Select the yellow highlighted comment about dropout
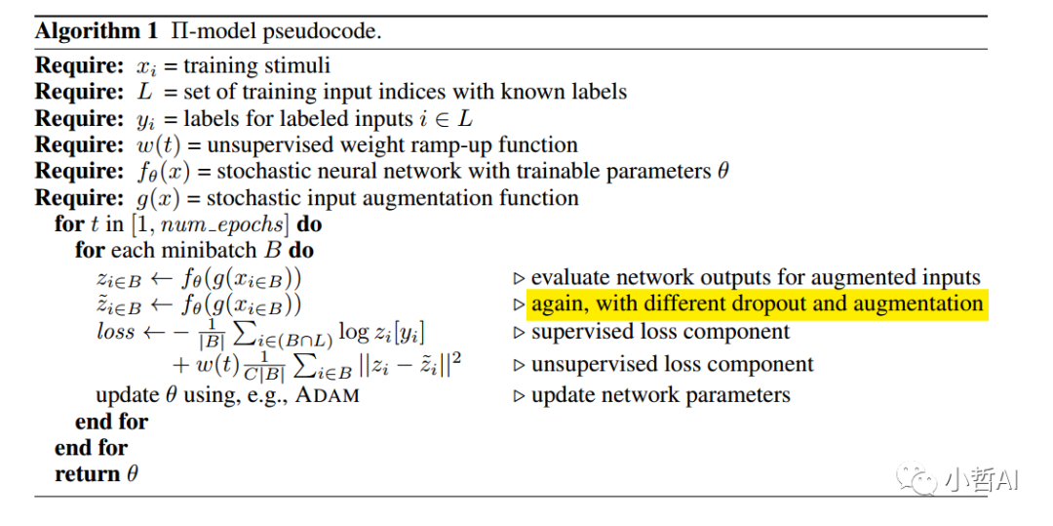tap(757, 303)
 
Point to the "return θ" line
tap(96, 474)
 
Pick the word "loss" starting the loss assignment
tap(115, 332)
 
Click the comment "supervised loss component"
tap(660, 332)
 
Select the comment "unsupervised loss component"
tap(672, 365)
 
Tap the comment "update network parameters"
tap(660, 395)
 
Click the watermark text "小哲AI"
tap(980, 478)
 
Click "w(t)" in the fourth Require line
tap(159, 145)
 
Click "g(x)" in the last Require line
tap(155, 198)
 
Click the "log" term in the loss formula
tap(353, 332)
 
